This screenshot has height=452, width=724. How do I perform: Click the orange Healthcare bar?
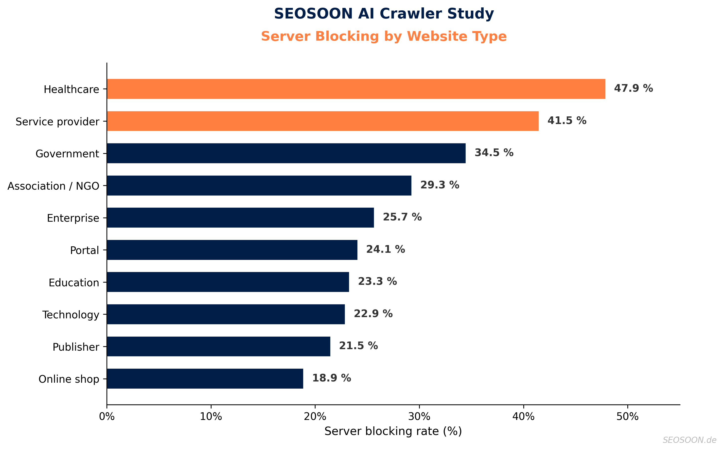point(355,89)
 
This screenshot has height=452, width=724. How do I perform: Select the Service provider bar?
point(323,121)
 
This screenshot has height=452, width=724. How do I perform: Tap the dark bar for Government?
point(286,153)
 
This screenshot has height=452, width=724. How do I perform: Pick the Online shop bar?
point(205,379)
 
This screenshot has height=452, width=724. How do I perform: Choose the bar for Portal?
point(232,250)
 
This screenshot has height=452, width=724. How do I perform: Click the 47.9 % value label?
point(633,88)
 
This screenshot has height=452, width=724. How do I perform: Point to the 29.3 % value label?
point(440,185)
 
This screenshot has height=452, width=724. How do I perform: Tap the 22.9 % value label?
point(373,314)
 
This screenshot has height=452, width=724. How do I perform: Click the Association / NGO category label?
point(53,186)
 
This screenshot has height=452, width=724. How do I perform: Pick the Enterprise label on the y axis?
point(73,218)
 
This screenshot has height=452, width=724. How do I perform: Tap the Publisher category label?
point(76,347)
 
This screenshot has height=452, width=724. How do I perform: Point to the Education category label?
point(74,283)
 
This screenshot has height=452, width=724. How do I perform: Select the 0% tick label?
point(107,416)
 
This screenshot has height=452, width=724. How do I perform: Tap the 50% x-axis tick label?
point(627,416)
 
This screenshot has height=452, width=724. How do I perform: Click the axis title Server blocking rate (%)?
point(393,431)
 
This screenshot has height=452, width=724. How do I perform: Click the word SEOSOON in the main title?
point(313,14)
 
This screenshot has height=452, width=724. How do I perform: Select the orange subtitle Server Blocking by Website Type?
point(384,36)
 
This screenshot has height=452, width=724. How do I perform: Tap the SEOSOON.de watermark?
point(689,440)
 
